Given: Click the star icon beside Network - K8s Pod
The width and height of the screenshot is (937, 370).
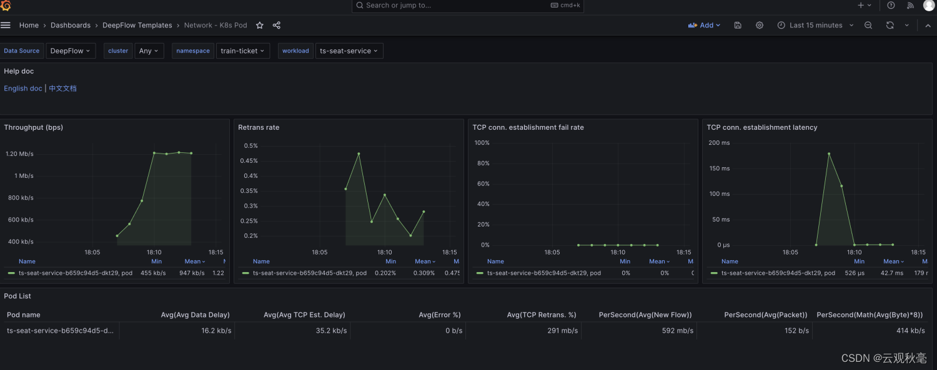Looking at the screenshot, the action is point(260,25).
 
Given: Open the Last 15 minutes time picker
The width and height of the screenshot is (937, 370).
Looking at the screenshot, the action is point(815,25).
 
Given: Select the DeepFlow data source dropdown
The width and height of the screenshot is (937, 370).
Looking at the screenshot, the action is point(70,51).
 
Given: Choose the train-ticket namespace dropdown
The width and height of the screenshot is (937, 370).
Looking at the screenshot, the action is point(242,51).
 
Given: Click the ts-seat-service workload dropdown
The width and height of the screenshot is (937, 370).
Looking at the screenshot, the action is point(349,51).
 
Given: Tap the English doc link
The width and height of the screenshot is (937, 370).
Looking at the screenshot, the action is point(23,88).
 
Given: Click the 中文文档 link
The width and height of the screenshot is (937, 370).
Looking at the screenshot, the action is point(62,88).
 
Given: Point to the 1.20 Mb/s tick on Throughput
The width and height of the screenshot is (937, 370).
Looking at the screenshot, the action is point(19,153).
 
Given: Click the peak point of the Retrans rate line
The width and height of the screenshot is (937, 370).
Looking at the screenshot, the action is point(359,153).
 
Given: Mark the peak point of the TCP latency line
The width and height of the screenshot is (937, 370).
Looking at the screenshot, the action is point(829,153).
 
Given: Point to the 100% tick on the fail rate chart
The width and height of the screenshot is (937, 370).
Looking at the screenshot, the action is point(482,143).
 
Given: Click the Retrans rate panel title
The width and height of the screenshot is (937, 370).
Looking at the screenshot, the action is point(259,127).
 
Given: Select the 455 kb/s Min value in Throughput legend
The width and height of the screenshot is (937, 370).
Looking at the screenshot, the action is point(153,273).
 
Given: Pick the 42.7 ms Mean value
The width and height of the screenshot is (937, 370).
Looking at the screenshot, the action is point(892,273).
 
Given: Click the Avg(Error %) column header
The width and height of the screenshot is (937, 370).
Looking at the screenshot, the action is point(440,315).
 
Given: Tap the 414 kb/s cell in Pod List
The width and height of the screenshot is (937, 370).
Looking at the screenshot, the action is point(911,330).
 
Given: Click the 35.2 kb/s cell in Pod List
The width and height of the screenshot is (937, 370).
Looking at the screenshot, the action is point(331,330).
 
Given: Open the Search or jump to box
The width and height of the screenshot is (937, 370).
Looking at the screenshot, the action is point(468,6).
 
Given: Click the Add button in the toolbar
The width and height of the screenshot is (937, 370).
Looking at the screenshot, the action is point(704,25).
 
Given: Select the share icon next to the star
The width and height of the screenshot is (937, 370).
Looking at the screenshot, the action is point(277,25).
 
